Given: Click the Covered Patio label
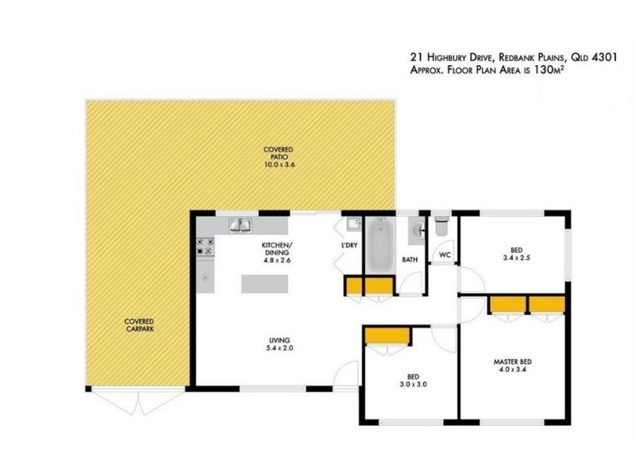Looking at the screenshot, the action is click(x=278, y=157).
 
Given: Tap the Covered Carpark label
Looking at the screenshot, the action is click(x=139, y=325).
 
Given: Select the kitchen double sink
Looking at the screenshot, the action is click(x=241, y=225).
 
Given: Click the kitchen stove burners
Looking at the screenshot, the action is click(x=205, y=247).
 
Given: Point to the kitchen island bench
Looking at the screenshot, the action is click(x=265, y=284).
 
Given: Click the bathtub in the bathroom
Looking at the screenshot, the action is click(x=380, y=245).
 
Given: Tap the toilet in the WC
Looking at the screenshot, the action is click(x=441, y=226).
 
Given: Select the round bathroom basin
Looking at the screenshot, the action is click(x=417, y=231).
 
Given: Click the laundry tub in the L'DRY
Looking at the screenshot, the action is click(x=353, y=225).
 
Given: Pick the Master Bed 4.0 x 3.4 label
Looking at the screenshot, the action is click(x=512, y=366).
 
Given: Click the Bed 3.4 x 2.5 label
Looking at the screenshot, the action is click(x=517, y=254).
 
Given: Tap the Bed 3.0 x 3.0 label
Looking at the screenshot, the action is click(x=413, y=381).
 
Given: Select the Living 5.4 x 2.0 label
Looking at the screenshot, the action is click(x=280, y=344).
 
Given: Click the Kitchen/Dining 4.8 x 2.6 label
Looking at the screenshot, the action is click(x=277, y=252).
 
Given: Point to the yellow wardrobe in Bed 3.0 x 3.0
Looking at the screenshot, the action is click(x=387, y=336).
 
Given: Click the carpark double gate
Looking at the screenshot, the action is click(x=138, y=401).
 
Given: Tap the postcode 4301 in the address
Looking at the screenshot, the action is click(x=605, y=57).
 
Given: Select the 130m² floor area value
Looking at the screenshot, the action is click(x=549, y=70).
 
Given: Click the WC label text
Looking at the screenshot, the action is click(x=445, y=255).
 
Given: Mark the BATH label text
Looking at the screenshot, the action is click(x=410, y=259).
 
